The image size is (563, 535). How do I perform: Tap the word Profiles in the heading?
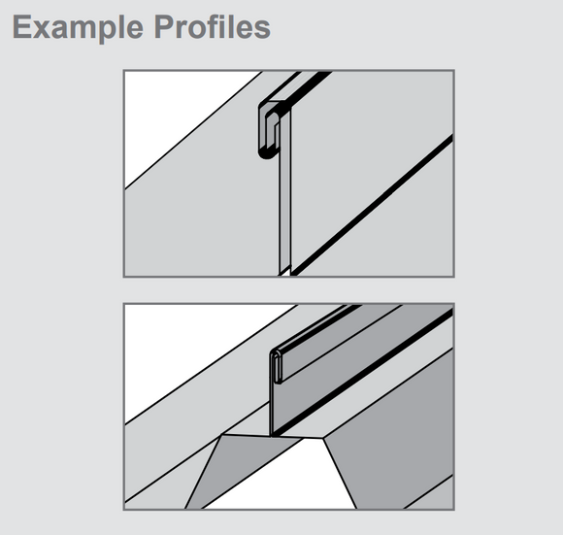click(213, 26)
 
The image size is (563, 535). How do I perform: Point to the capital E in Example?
click(21, 26)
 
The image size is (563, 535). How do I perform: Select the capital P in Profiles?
click(164, 26)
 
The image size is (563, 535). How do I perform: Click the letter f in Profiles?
click(219, 26)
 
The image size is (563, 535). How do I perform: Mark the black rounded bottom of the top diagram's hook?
click(269, 154)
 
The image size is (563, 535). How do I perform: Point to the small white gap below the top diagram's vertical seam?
click(284, 272)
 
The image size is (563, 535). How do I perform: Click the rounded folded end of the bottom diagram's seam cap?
click(277, 366)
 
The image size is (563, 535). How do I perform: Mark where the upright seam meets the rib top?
click(271, 436)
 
